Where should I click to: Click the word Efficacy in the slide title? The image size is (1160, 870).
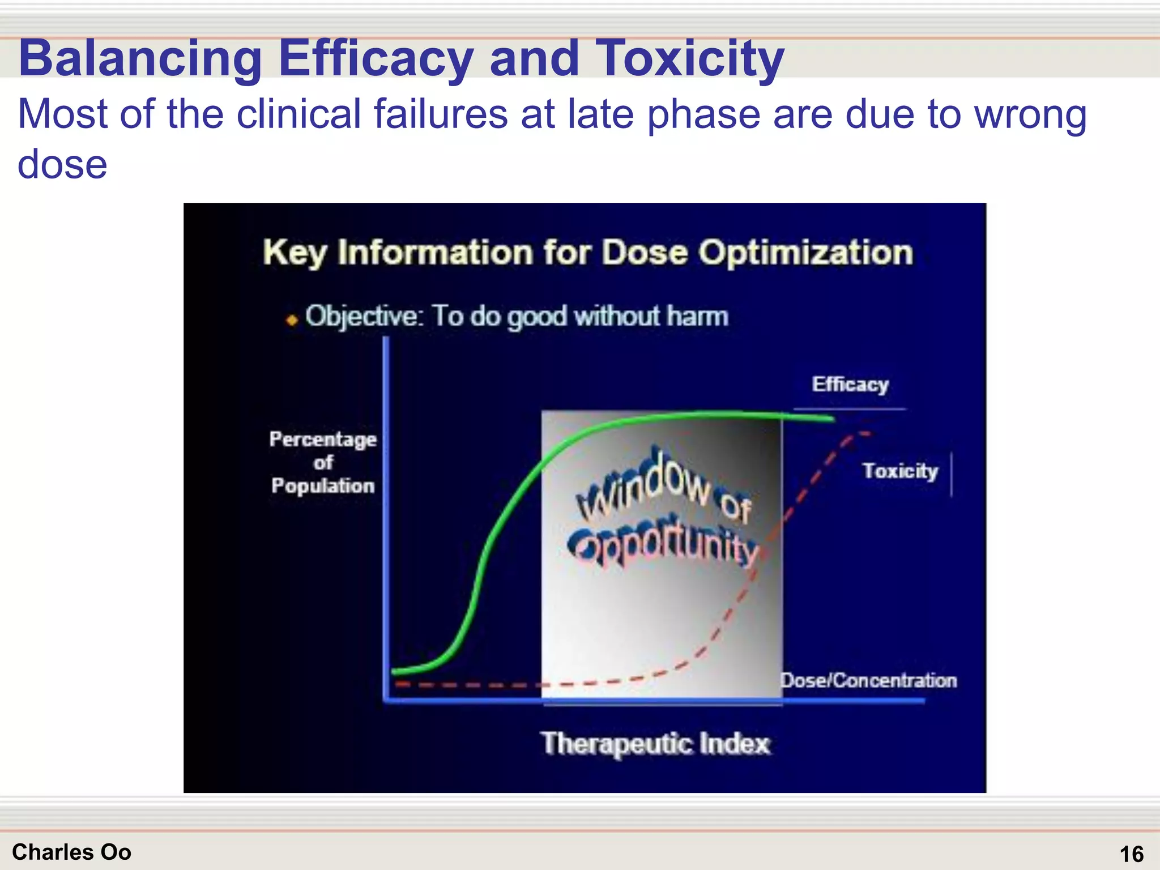pos(376,58)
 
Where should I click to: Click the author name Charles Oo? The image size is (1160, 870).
pos(71,852)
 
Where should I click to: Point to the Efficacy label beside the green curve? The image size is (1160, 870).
pos(850,385)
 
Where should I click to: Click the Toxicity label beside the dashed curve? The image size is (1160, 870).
pos(900,471)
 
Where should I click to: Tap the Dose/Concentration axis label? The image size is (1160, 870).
pos(868,680)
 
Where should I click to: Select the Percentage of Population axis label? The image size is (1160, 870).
pos(323,462)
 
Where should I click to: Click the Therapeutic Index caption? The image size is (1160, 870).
pos(656,743)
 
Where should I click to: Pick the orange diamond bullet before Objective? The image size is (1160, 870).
pos(292,321)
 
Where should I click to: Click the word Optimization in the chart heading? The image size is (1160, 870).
pos(805,252)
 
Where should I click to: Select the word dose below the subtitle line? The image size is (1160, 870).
pos(62,165)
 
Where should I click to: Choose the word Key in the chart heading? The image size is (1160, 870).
pos(294,253)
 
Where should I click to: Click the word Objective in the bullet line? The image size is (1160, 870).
pos(364,316)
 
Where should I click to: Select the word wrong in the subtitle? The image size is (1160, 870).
pos(1030,114)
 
